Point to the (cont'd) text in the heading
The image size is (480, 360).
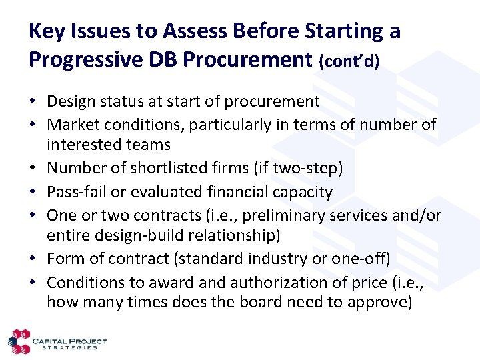tap(349, 61)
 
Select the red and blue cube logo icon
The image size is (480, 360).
tap(18, 341)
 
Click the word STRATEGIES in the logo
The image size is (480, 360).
tap(69, 347)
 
